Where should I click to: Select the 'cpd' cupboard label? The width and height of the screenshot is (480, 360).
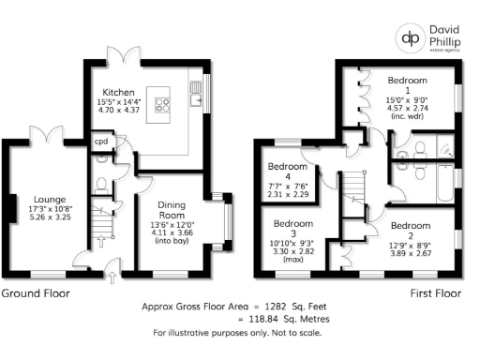pos(100,142)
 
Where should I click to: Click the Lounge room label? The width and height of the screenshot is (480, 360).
pos(49,199)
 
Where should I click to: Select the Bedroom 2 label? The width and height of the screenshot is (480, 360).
pos(410,226)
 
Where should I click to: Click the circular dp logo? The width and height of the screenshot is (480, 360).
pos(411,38)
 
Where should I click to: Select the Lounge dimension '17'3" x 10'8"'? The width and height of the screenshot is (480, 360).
pos(49,208)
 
